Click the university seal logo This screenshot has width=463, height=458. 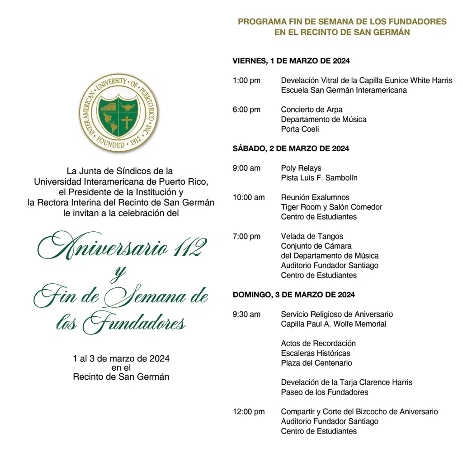point(119,113)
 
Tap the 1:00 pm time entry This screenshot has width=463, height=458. point(246,81)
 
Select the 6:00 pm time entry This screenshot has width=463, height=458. point(246,110)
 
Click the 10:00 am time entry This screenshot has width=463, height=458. point(249,197)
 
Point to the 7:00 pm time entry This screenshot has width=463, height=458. point(246,236)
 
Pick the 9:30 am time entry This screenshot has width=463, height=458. point(246,314)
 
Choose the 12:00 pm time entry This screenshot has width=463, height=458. point(249,412)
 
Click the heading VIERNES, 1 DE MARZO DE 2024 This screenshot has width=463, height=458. point(291,61)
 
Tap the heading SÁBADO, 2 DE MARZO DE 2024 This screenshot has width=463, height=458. point(291,148)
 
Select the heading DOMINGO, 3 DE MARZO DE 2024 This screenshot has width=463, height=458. point(293,295)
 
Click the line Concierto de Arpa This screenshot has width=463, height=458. point(312,110)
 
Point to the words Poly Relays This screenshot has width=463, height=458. point(301,168)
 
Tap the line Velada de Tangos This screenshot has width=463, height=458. point(312,236)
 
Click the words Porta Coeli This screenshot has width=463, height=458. point(300,129)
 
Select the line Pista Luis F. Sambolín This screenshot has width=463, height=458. point(319,178)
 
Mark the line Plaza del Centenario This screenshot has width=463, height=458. point(316,363)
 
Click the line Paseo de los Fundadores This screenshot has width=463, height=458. point(324,392)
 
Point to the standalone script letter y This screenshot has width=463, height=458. point(118,273)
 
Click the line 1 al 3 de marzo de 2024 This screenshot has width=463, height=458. point(121,359)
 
